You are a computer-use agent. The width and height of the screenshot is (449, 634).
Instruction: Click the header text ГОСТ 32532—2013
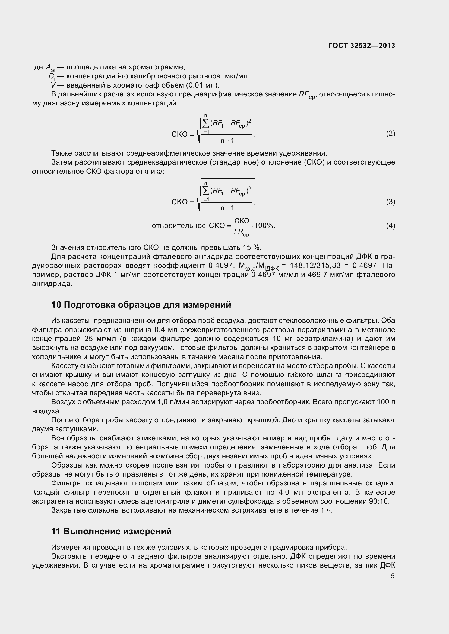[x=361, y=46]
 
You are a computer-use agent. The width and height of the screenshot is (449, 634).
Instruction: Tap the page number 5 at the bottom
[x=393, y=576]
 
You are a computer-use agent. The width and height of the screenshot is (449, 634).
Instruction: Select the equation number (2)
[x=390, y=134]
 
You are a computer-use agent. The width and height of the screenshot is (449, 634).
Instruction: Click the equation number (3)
[x=390, y=202]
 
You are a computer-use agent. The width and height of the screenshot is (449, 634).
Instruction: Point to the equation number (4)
[x=390, y=226]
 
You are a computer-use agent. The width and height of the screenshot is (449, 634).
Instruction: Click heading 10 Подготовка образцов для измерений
[x=141, y=305]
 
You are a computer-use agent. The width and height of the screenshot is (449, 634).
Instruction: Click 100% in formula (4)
[x=264, y=226]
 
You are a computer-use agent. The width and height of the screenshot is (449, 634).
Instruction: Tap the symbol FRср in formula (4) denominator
[x=241, y=232]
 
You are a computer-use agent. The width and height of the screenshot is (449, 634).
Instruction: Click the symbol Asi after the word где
[x=50, y=68]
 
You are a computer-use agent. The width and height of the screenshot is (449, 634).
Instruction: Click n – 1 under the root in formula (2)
[x=227, y=141]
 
